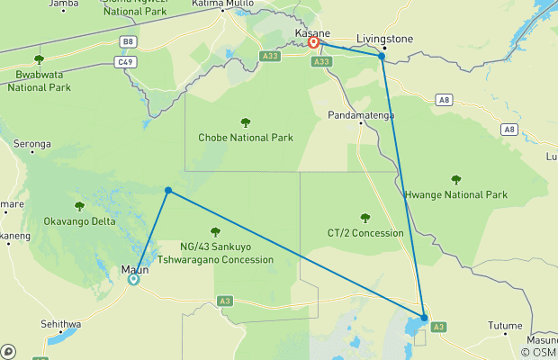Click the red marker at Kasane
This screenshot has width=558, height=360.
[x=314, y=42]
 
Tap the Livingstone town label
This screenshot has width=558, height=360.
[x=384, y=39]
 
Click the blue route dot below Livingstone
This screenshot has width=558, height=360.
[x=382, y=56]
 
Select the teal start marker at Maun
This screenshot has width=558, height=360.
[x=133, y=279]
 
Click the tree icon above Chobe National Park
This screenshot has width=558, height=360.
[x=246, y=122]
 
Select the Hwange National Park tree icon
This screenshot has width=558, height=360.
[x=456, y=179]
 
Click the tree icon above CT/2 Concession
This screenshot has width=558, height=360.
[x=364, y=218]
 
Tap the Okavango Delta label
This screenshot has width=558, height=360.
[x=79, y=220]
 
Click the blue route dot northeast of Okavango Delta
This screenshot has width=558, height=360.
[x=168, y=190]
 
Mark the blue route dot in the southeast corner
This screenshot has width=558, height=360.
[x=423, y=317]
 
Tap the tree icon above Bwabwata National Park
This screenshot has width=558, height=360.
[x=39, y=60]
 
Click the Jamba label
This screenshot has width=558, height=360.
[x=63, y=4]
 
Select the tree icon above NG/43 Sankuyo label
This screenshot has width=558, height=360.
[x=214, y=231]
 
